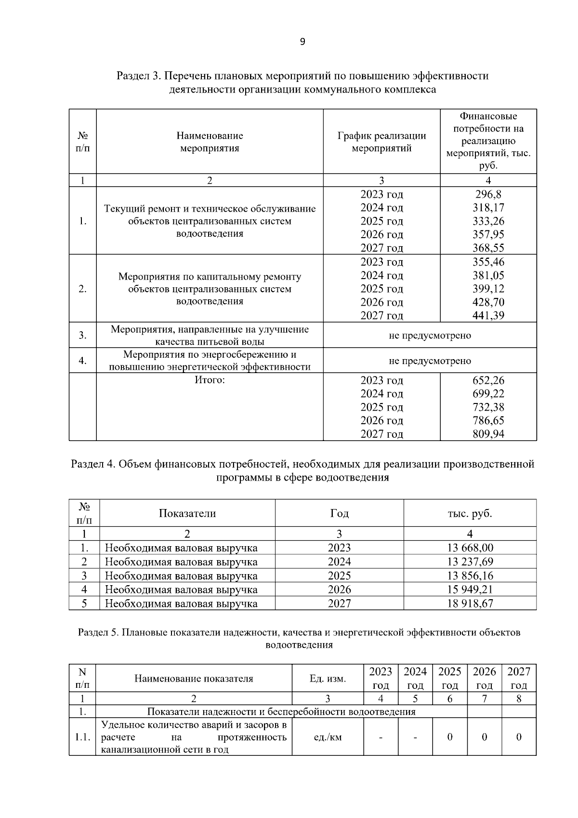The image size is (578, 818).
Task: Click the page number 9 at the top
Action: [x=302, y=42]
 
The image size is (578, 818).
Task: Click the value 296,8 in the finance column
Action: [x=488, y=194]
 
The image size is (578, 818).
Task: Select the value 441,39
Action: [x=488, y=316]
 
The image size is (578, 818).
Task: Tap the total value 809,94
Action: [x=488, y=434]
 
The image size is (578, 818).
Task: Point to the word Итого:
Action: [x=210, y=380]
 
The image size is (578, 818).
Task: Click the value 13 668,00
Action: [x=470, y=548]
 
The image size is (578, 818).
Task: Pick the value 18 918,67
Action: [x=470, y=603]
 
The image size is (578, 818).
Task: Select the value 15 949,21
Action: [x=470, y=590]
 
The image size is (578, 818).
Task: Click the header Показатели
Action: [x=187, y=513]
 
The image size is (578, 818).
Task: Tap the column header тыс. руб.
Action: [x=470, y=513]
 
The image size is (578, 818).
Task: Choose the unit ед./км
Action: [x=328, y=737]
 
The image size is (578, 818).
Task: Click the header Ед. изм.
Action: [x=328, y=679]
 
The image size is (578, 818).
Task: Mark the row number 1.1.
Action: [x=82, y=737]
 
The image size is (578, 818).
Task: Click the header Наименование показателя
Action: [x=194, y=679]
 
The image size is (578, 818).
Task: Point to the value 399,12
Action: [x=488, y=289]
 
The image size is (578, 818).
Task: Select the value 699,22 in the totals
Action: [x=488, y=394]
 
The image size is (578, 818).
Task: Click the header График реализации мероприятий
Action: [x=381, y=142]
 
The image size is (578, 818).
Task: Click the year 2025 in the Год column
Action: [x=339, y=576]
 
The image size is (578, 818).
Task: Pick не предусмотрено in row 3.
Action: [x=430, y=335]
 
